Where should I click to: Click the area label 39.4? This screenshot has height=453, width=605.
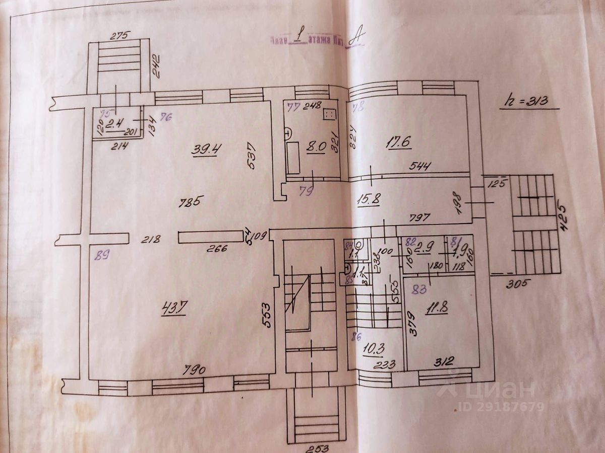tap(204, 149)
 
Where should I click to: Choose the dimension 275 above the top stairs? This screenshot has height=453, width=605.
tap(120, 35)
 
